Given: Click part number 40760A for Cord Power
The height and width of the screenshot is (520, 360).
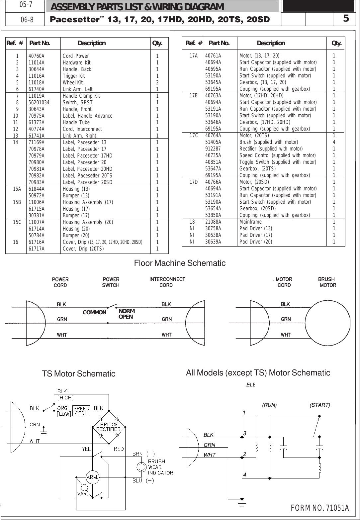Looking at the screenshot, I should (x=37, y=56).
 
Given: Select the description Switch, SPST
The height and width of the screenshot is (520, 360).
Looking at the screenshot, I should (x=78, y=103).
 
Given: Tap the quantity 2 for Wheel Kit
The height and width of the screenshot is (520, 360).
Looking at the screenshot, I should (x=157, y=83).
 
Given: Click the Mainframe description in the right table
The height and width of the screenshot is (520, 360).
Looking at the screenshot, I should (x=250, y=222).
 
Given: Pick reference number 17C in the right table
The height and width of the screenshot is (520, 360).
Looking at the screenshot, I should (x=194, y=136).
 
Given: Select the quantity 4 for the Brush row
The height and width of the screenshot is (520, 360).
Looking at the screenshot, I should (x=334, y=142).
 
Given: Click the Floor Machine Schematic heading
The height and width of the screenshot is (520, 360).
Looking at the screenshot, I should (x=180, y=263).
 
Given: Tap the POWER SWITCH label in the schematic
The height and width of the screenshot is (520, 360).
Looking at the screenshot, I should (x=111, y=282).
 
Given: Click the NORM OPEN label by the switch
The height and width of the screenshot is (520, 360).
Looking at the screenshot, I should (x=126, y=314).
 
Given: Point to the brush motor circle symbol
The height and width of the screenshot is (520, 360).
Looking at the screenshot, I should (x=327, y=319).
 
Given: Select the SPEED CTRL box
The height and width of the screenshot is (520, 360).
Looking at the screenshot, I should (x=81, y=411).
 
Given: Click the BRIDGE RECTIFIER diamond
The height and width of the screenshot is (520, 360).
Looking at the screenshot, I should (x=108, y=427).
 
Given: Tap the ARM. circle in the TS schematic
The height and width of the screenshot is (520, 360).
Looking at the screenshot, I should (x=92, y=477).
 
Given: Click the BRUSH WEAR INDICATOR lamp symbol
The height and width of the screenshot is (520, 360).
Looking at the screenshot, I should (x=142, y=467).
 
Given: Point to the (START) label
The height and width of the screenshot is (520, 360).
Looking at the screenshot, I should (x=319, y=405).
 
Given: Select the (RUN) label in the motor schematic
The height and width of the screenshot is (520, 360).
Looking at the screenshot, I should (x=269, y=405).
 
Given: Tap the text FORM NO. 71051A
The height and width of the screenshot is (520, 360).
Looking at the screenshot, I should (x=319, y=508).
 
